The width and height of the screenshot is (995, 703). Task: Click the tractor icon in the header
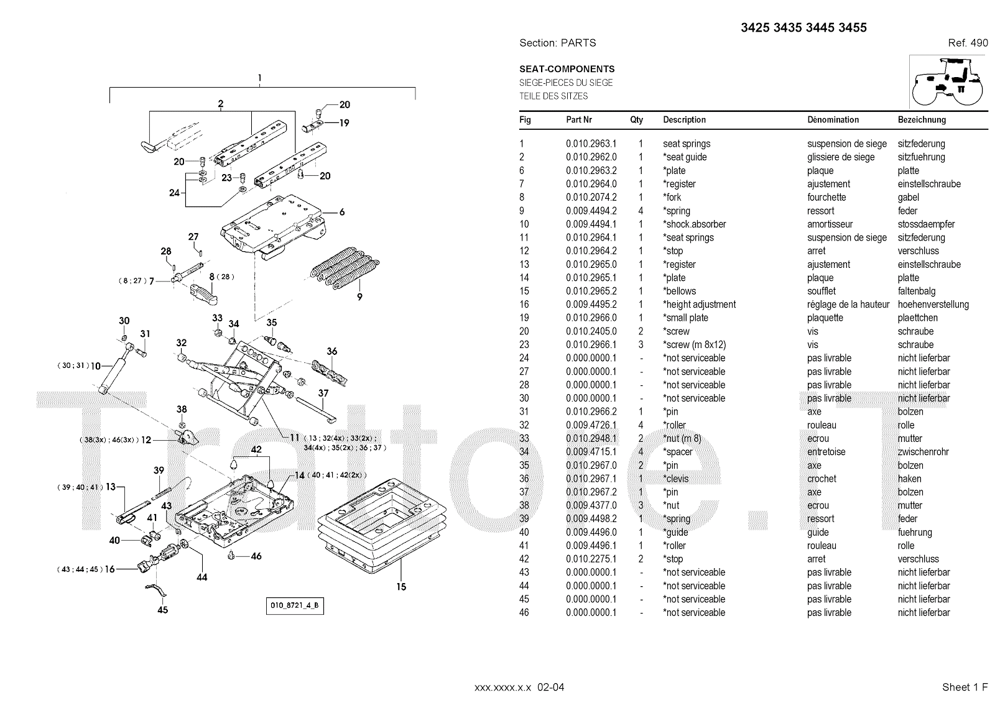948,81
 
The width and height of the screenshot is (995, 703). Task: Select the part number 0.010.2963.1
591,144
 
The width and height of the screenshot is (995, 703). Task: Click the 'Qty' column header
636,120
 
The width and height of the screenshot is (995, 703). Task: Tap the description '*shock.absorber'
694,224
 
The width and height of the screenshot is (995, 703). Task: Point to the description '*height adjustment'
699,305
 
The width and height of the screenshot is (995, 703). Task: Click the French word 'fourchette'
826,197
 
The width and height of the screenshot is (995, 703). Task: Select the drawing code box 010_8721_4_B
295,606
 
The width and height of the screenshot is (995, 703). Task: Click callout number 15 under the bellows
401,586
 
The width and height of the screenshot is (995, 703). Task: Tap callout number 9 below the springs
359,297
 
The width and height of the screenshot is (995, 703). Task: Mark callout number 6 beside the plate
341,212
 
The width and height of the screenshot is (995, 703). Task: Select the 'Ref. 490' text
968,43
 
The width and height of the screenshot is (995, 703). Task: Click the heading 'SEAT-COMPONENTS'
567,69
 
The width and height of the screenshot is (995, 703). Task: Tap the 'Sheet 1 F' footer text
965,687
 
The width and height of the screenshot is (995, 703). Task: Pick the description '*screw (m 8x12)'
694,345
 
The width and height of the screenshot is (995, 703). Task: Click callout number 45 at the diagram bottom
162,610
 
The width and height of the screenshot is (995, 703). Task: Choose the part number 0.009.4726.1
591,425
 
